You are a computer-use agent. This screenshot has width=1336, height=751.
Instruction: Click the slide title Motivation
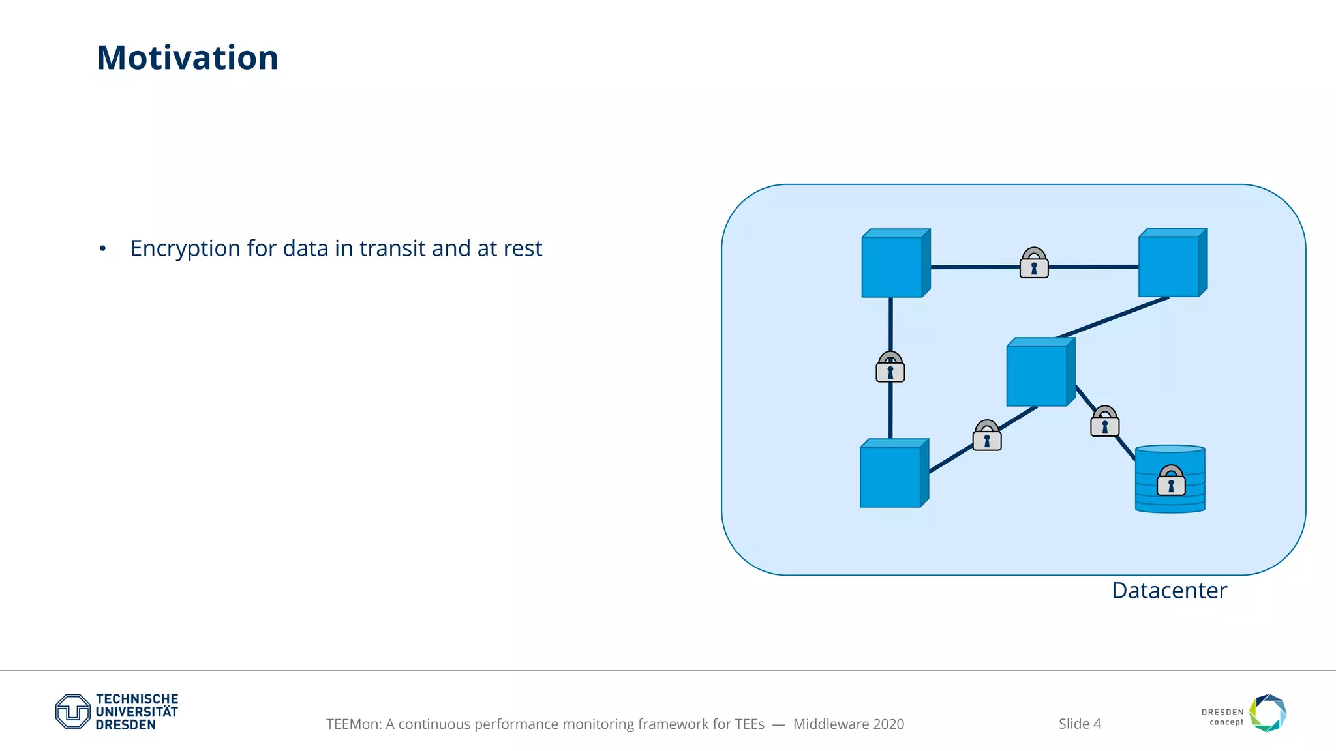point(187,58)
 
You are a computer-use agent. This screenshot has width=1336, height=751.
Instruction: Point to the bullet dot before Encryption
point(102,249)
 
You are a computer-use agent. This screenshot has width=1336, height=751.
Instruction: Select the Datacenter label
point(1169,591)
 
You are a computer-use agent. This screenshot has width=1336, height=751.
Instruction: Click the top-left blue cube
point(892,265)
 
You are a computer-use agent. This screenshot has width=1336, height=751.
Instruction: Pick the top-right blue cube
point(1170,265)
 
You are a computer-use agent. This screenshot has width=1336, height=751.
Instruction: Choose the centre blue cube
point(1037,374)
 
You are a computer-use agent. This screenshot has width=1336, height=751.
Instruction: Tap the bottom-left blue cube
point(891,475)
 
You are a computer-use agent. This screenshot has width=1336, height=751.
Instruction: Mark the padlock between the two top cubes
point(1034,263)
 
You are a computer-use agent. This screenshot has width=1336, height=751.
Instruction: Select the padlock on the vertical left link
point(890,368)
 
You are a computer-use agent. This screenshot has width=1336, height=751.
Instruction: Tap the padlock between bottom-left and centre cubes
point(987,436)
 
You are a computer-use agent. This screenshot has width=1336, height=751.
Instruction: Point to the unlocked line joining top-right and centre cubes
point(1113,317)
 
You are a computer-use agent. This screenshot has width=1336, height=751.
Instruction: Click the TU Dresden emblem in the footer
point(72,711)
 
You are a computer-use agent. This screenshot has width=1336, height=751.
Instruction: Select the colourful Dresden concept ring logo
point(1268,713)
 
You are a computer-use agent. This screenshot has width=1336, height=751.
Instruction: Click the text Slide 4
point(1080,724)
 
